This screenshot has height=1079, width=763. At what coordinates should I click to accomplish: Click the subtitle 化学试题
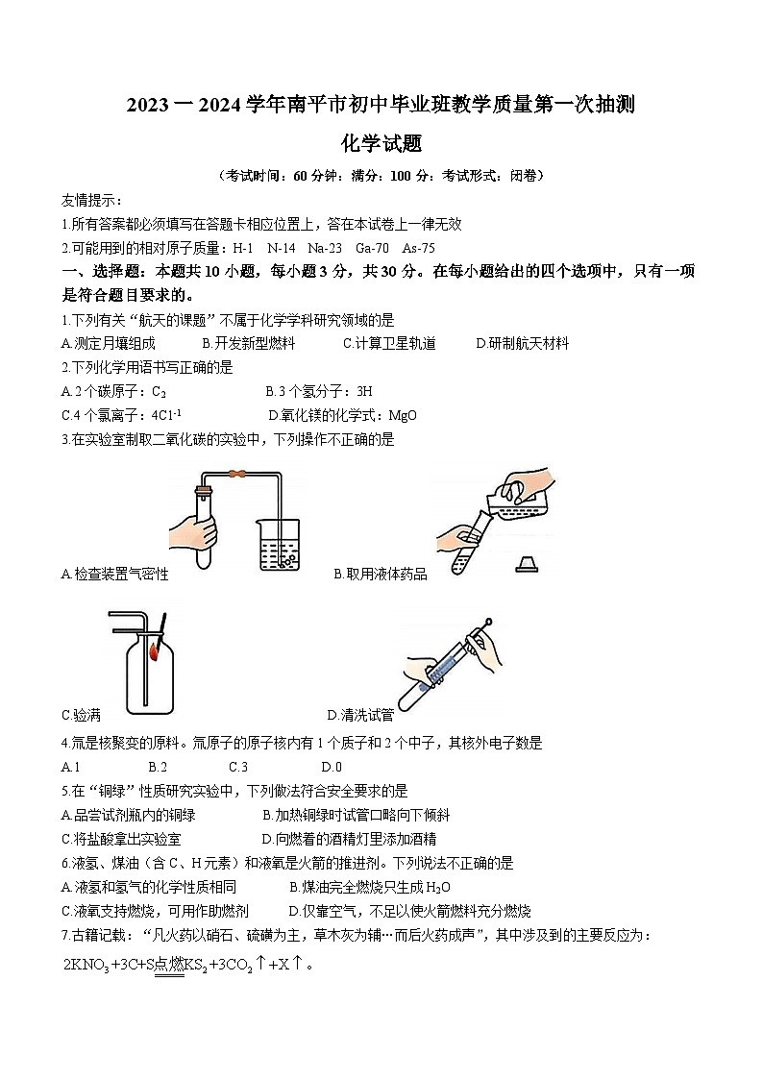[381, 144]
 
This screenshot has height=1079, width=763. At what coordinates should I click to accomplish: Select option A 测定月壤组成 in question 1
[108, 343]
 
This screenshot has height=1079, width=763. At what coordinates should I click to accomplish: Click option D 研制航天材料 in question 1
[523, 343]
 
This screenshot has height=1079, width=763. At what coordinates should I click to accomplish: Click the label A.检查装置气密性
[114, 574]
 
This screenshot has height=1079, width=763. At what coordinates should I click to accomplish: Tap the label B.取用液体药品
[381, 574]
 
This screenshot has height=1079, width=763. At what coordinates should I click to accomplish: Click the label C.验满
[81, 715]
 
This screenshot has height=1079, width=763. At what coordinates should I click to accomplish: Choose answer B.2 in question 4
[158, 766]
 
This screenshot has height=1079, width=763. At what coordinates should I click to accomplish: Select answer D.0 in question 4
[332, 766]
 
